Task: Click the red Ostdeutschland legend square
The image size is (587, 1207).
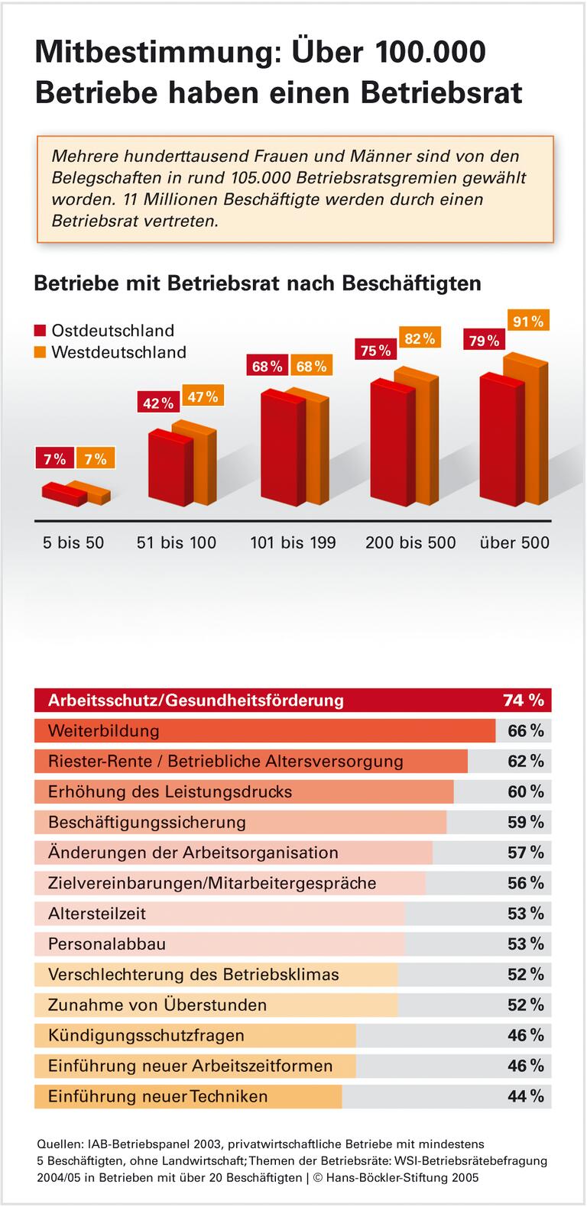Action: pyautogui.click(x=41, y=331)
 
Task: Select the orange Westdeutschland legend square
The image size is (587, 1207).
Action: pyautogui.click(x=41, y=352)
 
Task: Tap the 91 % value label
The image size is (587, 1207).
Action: pyautogui.click(x=528, y=321)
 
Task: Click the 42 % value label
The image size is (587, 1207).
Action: pyautogui.click(x=157, y=403)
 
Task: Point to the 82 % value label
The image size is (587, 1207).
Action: pyautogui.click(x=420, y=338)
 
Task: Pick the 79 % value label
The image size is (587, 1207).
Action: pyautogui.click(x=484, y=341)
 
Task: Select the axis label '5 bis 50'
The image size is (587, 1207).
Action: pyautogui.click(x=73, y=542)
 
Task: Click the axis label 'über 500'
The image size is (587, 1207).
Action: pyautogui.click(x=514, y=542)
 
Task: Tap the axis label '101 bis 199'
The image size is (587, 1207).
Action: pyautogui.click(x=293, y=542)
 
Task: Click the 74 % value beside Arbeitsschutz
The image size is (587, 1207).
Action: pyautogui.click(x=524, y=700)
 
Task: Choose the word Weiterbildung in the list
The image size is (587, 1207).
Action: pyautogui.click(x=103, y=730)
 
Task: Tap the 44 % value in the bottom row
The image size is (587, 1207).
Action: pyautogui.click(x=526, y=1096)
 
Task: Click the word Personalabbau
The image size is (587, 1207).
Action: pyautogui.click(x=107, y=943)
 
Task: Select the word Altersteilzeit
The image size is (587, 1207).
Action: pyautogui.click(x=97, y=913)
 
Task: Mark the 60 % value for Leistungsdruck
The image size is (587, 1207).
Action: pyautogui.click(x=526, y=791)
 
